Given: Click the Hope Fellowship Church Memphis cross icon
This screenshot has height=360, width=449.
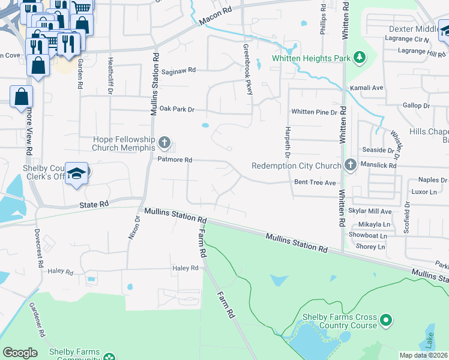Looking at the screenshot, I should pos(164,143).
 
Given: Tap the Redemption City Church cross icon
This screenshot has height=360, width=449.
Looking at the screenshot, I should pos(351,165).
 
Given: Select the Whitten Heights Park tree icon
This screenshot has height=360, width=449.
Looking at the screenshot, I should pos(359,58).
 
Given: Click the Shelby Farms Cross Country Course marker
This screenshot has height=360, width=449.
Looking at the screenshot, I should pos(386,321).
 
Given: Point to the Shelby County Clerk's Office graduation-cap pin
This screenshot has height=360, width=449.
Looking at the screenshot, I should pos(76,173).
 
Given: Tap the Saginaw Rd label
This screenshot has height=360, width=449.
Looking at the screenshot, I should pos(178,70).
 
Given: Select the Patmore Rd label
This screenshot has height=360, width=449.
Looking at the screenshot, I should pos(174,160).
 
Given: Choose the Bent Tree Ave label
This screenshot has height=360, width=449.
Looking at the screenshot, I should pos(310,182).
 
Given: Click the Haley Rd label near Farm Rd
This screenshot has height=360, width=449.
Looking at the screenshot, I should pos(185,268).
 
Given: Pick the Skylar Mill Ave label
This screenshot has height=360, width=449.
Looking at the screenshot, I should pos(370,211).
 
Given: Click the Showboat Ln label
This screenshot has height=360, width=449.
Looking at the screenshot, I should pos(367,236).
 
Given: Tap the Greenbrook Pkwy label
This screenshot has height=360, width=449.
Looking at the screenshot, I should pos(247,69).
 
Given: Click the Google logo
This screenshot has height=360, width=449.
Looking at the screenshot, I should pos(20,353).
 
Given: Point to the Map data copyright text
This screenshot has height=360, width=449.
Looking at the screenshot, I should pos(424,355).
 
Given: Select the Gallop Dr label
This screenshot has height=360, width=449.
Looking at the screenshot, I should pos(417,106).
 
